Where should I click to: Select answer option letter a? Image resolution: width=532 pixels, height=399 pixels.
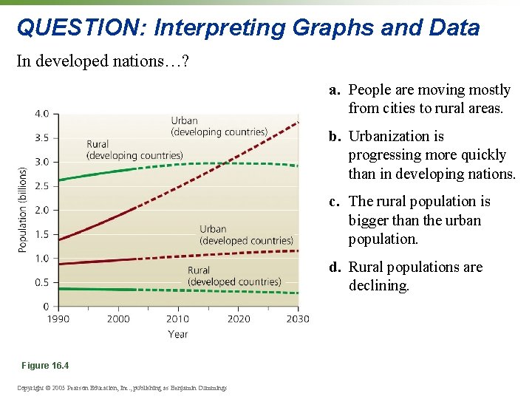coord(335,90)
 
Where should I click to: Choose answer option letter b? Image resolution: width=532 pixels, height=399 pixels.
coord(335,137)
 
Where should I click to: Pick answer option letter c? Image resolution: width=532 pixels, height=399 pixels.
coord(335,202)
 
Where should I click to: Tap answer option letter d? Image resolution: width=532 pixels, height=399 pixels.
coord(335,267)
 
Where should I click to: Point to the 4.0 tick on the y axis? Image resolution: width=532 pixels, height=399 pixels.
coord(41,114)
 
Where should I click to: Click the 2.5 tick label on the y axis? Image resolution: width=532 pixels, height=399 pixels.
coord(41,186)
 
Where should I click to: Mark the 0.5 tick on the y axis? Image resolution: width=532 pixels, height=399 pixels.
coord(41,282)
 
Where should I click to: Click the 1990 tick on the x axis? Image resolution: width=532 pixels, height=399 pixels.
coord(58,318)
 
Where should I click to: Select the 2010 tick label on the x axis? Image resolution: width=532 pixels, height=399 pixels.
coord(177,318)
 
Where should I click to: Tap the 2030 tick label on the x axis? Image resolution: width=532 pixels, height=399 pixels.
coord(297,318)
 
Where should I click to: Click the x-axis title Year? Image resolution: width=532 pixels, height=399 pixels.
coord(177,334)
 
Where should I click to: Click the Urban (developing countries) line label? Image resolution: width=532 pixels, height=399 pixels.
coord(219,126)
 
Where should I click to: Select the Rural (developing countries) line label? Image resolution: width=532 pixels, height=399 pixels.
coord(134,150)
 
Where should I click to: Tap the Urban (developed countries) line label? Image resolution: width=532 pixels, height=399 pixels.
coord(246,235)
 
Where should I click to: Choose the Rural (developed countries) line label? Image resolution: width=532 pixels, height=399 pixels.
coord(234,276)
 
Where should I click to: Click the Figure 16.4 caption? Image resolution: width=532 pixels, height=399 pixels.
coord(46,366)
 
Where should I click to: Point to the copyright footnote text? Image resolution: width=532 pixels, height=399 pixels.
coord(123,388)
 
